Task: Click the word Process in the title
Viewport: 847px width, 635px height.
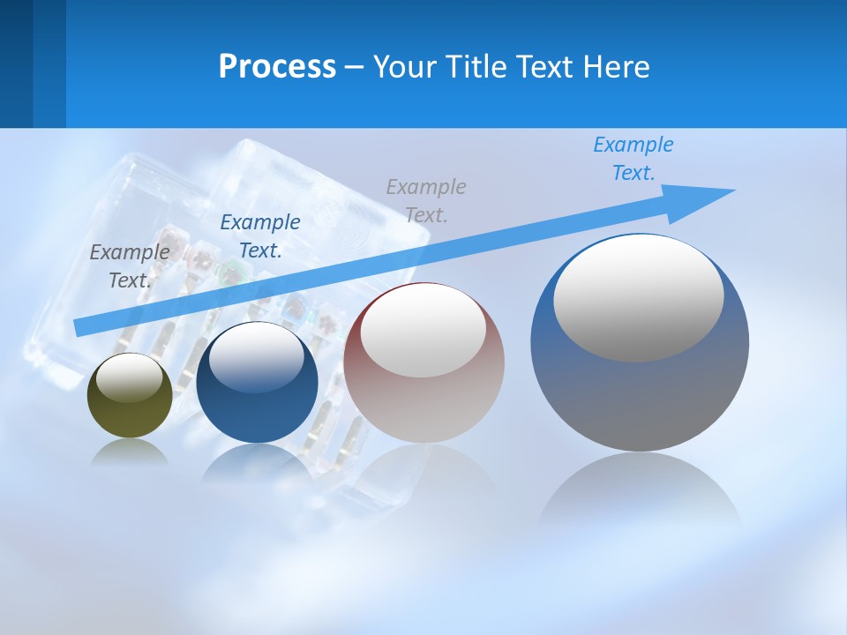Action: [277, 67]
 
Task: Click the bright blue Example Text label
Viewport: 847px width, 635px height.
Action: [633, 159]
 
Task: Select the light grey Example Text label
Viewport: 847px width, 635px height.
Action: [426, 200]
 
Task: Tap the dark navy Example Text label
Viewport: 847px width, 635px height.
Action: [260, 236]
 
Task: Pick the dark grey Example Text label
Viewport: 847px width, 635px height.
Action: [130, 265]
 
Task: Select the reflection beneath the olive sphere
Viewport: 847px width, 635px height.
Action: [130, 451]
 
